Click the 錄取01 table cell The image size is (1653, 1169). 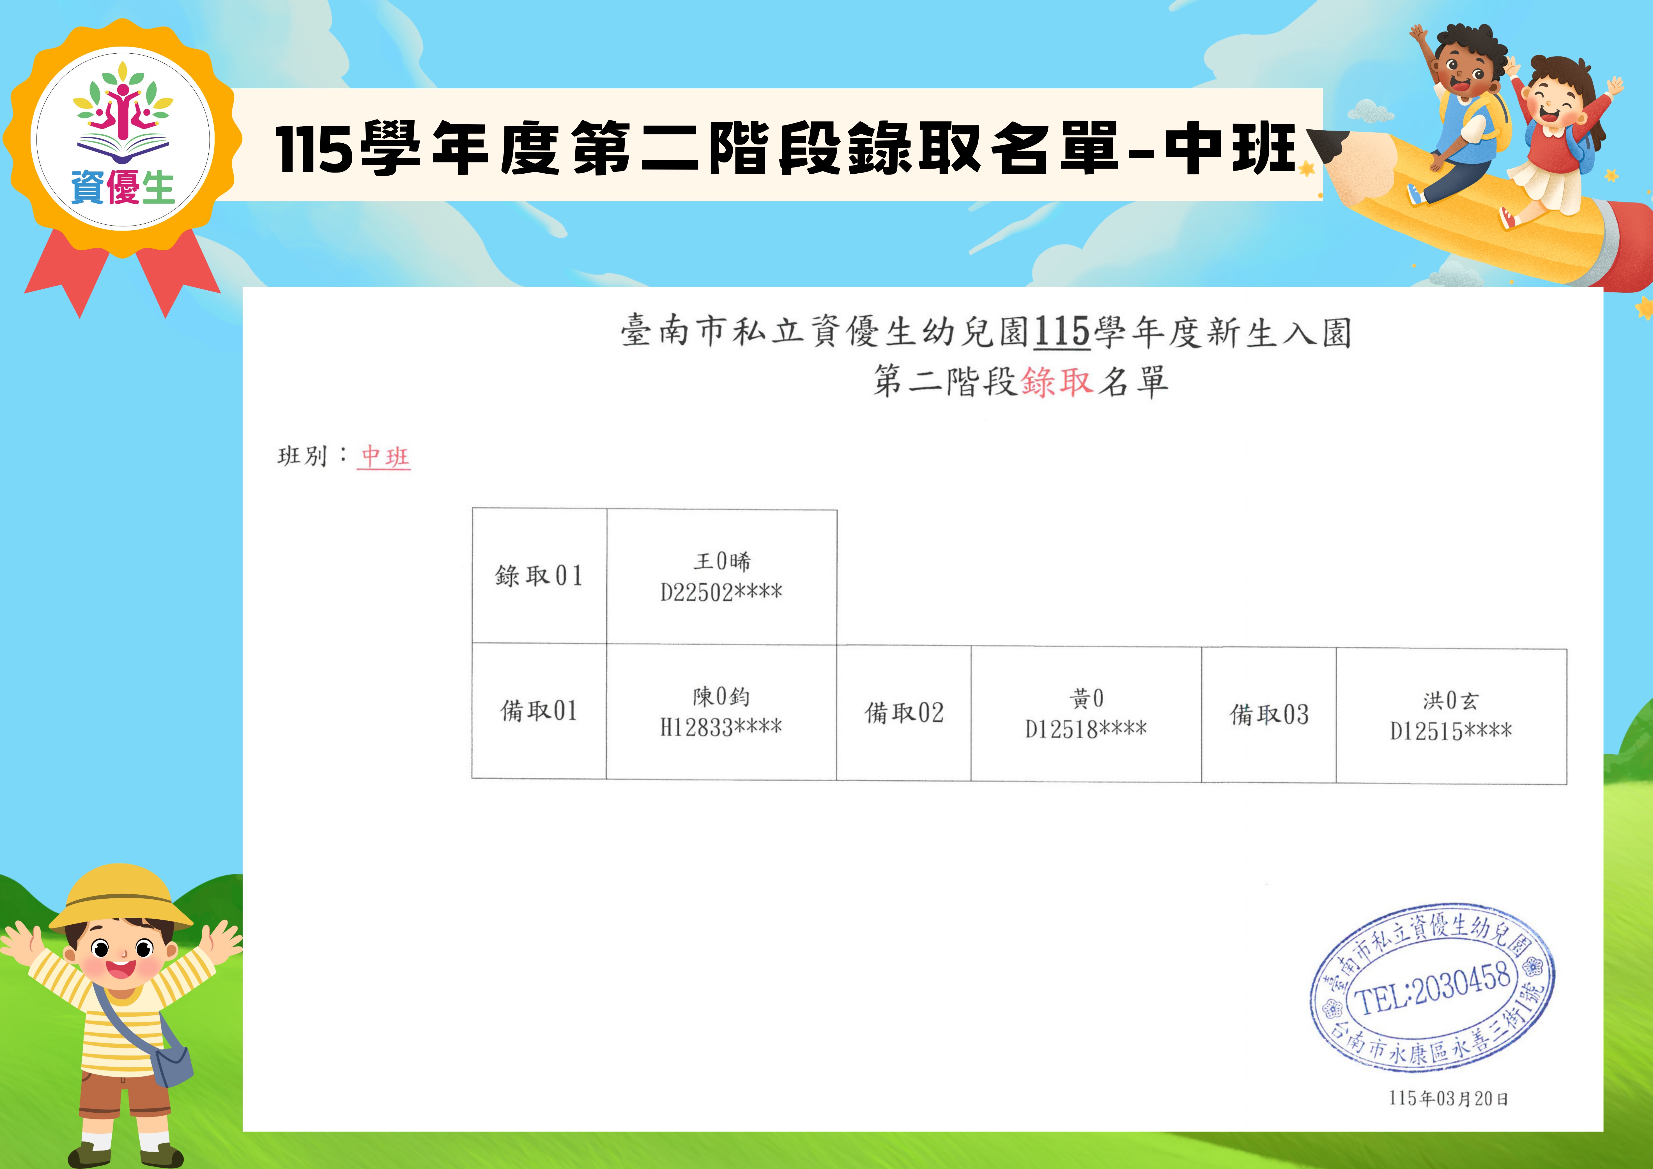(x=539, y=576)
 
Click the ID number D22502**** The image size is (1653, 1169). (x=721, y=592)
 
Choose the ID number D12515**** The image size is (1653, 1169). (x=1451, y=731)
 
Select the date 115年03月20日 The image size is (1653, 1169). (x=1449, y=1099)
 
